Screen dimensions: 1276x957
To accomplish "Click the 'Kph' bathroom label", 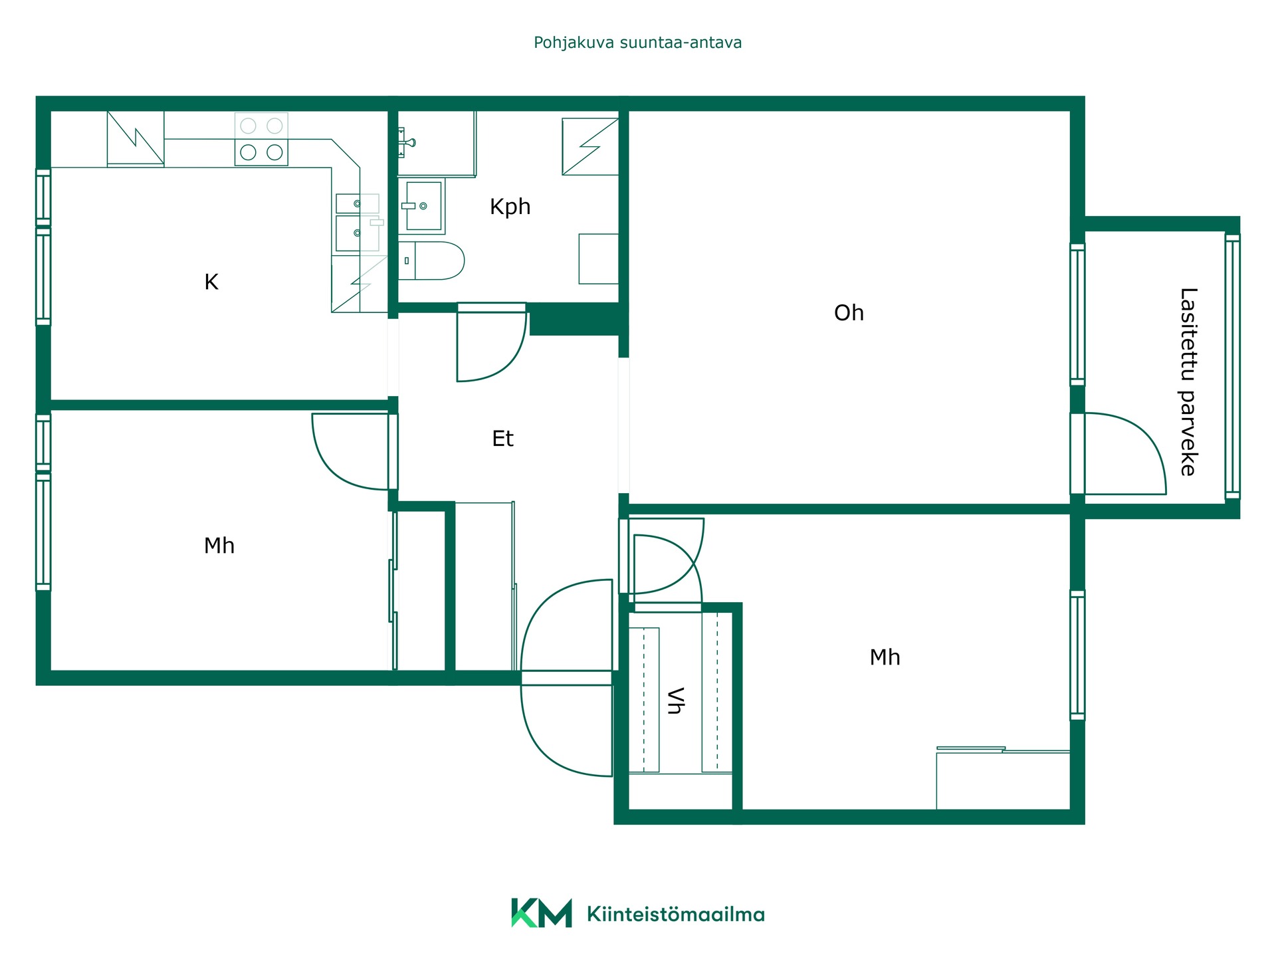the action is pos(510,207).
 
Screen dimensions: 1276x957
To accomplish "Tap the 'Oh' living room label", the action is pos(849,313).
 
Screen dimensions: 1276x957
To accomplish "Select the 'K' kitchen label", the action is pos(211,282).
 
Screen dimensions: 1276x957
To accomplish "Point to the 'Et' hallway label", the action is pos(502,439).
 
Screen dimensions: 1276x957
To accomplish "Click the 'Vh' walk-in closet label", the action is pos(675,700).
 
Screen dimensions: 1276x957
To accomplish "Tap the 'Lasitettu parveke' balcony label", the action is pos(1188,382).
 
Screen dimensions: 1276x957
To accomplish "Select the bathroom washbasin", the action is pos(423,206).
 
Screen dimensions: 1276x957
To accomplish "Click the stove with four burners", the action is pos(261,139).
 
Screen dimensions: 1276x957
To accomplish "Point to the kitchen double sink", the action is pos(358,223).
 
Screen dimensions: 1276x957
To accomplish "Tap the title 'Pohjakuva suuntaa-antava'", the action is pos(638,43).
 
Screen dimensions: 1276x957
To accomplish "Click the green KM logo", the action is pos(541,913).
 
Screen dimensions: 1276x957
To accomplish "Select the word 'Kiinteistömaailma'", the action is pos(676,914).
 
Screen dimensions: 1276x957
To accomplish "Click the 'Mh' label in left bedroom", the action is pos(219,546).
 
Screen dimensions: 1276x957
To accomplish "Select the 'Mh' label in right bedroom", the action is pos(885,657).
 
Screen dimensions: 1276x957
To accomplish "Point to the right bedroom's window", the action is pos(1077,655).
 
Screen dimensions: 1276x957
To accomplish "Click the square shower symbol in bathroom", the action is pos(590,147).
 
